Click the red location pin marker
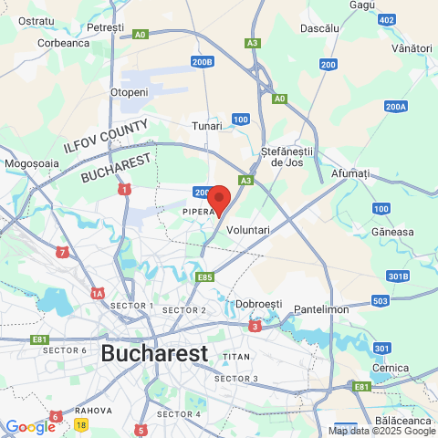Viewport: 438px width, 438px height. coord(218,199)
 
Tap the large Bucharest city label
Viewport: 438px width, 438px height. coord(154,352)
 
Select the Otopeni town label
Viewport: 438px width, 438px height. coord(129,92)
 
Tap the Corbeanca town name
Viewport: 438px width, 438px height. coord(63,42)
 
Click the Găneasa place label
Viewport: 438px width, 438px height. coord(392,232)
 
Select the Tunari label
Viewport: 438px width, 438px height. coord(206,126)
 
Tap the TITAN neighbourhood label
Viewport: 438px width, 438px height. coord(235,356)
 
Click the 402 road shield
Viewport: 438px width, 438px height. coord(387,20)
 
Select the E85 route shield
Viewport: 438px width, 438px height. coord(204,276)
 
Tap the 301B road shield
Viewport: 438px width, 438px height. coord(398,276)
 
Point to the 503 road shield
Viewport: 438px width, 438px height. coord(381,301)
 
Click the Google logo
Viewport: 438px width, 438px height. coord(29,426)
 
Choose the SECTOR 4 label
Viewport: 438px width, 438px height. coord(178,413)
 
